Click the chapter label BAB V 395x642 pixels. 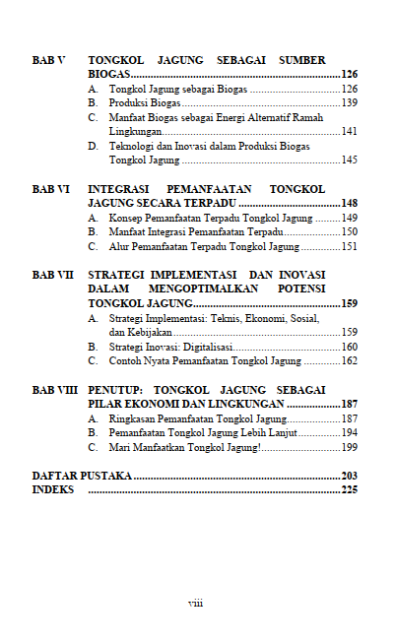coord(48,60)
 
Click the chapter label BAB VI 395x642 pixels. coord(50,188)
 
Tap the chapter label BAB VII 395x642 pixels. coord(52,274)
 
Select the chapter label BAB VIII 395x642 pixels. coord(54,390)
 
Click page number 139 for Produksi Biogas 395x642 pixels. coord(349,102)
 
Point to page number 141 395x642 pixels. coord(349,131)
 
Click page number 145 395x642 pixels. coord(349,160)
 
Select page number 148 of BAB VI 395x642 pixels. coord(349,203)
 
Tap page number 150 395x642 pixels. coord(349,231)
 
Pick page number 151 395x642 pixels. coord(349,246)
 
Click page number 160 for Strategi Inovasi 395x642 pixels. coord(349,347)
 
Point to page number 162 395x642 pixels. coord(349,361)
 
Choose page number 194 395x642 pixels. coord(349,433)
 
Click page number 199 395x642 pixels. coord(349,448)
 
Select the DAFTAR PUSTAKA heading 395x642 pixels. coord(82,477)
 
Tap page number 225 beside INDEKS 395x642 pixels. coord(349,490)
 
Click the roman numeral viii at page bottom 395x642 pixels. coord(196,603)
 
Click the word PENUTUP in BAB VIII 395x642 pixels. coord(117,390)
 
